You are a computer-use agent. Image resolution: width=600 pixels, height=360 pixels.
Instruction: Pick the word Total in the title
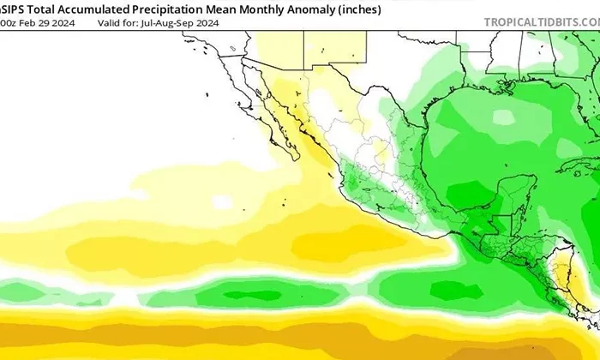pos(41,8)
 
